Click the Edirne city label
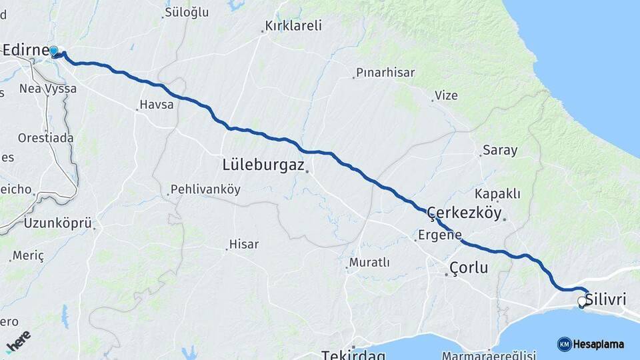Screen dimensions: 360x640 [25, 51]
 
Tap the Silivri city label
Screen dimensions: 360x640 [606, 300]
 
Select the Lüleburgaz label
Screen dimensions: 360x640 [263, 164]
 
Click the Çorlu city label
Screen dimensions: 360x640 [469, 268]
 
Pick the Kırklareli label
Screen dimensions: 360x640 [293, 26]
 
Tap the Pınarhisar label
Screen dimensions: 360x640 [385, 73]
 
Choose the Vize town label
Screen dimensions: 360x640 [446, 95]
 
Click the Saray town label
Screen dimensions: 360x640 [500, 150]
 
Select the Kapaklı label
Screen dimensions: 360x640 [497, 194]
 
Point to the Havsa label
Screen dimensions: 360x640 [157, 105]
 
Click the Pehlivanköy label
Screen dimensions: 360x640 [205, 189]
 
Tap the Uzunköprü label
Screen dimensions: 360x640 [57, 223]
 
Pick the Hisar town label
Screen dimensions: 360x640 [243, 245]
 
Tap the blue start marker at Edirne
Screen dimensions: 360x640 [54, 51]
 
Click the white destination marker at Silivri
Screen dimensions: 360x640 [582, 302]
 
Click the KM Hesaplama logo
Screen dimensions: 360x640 [591, 344]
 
